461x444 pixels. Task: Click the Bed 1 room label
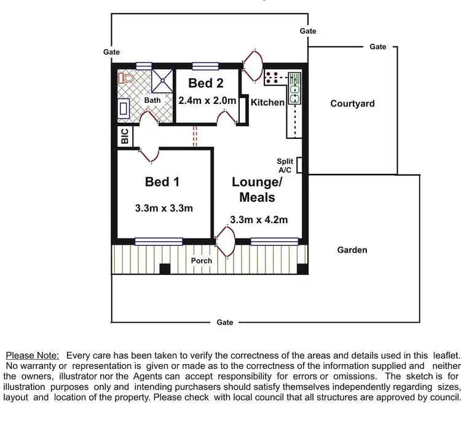(162, 181)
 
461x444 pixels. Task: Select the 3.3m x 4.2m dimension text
(259, 220)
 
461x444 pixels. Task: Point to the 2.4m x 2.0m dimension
(207, 100)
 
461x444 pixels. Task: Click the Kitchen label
(267, 102)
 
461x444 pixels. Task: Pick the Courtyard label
(352, 103)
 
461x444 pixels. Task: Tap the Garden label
(352, 250)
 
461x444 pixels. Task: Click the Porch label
(201, 261)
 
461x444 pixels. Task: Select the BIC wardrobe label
(125, 137)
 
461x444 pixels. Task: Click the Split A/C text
(286, 165)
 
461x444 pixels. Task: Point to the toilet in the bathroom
(126, 79)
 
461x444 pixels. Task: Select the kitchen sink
(295, 92)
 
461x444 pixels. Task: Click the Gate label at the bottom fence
(225, 322)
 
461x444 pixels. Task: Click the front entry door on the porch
(226, 242)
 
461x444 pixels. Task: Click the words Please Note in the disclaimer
(33, 355)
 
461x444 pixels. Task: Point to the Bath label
(152, 100)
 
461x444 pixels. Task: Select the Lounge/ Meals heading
(257, 189)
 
